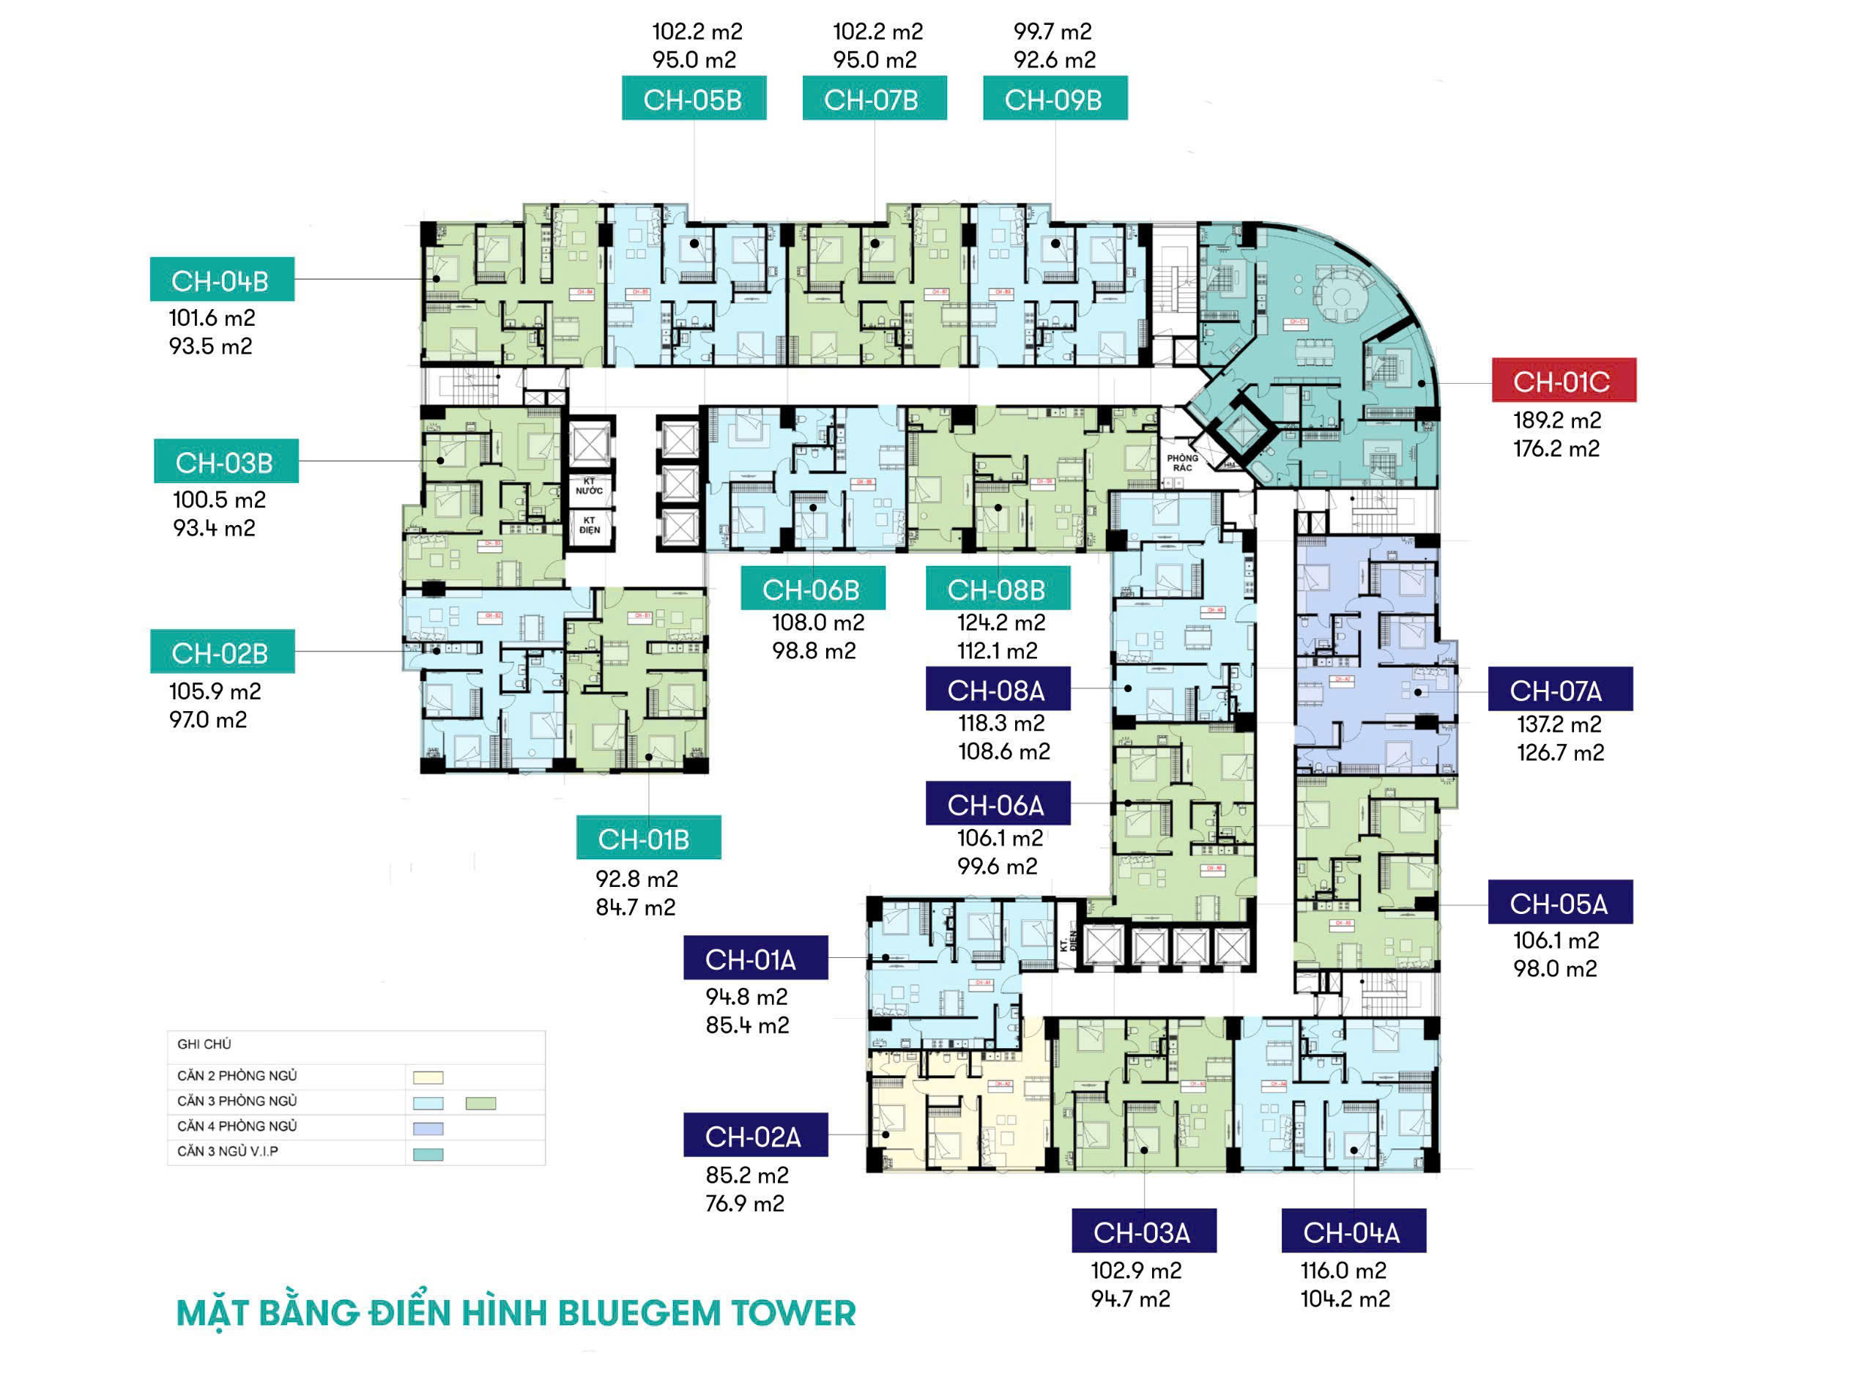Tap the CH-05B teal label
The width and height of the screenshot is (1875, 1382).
tap(694, 99)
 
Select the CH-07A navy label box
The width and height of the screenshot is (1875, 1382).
tap(1559, 689)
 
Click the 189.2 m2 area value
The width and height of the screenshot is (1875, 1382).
tap(1557, 420)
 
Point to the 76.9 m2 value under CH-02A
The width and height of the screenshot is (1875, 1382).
tap(745, 1203)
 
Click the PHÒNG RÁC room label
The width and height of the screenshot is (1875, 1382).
tap(1182, 463)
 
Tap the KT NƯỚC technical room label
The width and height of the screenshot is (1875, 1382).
tap(589, 486)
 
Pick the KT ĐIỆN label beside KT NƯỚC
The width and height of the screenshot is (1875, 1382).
tap(589, 524)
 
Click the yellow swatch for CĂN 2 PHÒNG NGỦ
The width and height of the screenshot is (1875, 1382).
tap(428, 1077)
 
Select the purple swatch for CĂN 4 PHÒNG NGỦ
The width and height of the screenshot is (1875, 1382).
tap(428, 1129)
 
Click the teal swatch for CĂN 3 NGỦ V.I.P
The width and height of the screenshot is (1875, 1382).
tap(428, 1154)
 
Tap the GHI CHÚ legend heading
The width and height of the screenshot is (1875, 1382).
tap(204, 1044)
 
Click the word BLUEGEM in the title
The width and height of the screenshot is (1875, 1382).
tap(639, 1313)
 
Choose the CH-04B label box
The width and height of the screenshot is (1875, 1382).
tap(222, 280)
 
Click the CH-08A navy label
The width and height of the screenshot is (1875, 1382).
tap(998, 689)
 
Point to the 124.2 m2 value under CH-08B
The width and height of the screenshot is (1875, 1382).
tap(1000, 623)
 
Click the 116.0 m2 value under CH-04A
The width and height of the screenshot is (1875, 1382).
tap(1343, 1271)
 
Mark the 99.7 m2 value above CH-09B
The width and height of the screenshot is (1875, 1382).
tap(1052, 31)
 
